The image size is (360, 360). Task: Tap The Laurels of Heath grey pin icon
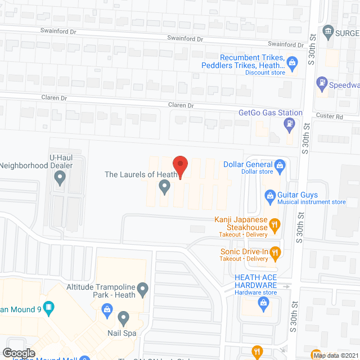click(164, 186)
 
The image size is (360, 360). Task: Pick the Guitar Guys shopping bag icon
click(269, 196)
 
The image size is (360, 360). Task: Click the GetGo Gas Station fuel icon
click(290, 123)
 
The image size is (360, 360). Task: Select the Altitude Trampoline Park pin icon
click(143, 290)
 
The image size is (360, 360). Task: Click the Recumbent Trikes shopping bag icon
click(292, 62)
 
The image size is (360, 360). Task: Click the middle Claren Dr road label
click(181, 105)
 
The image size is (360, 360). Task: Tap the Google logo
click(19, 353)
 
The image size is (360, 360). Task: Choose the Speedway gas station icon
click(322, 83)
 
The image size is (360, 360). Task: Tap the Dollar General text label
click(247, 165)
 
